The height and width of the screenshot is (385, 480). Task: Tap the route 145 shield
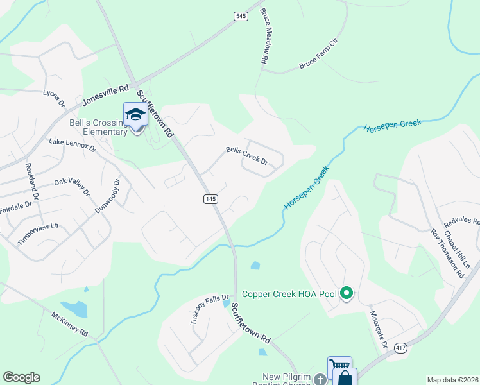coord(211,200)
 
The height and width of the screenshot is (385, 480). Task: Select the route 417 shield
coord(401,348)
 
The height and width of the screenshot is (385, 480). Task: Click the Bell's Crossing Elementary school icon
coord(136,115)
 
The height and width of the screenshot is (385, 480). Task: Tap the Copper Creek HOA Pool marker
coord(347,294)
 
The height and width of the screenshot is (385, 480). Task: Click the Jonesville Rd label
coord(106,95)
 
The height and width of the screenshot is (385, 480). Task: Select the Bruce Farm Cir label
coord(318,55)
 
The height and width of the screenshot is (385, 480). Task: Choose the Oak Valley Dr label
coord(71,185)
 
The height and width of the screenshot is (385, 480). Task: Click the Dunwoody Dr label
coord(107,195)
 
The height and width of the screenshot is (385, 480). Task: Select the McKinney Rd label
coord(69,325)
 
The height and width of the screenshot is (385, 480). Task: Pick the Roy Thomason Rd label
coord(447,253)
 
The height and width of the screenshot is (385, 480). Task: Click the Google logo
coord(21,377)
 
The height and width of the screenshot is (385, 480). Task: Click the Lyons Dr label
coord(54,98)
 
